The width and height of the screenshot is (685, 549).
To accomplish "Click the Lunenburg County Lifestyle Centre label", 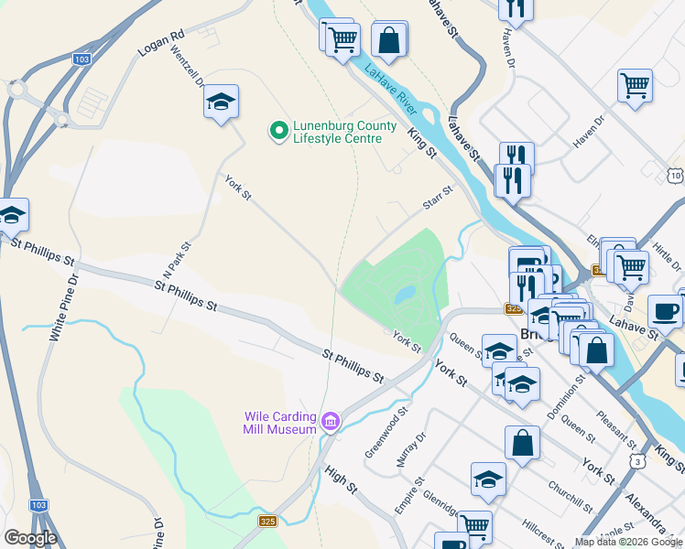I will click(344, 133).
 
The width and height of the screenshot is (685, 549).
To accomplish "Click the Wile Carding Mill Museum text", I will click(280, 422).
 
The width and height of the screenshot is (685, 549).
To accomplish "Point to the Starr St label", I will click(438, 196).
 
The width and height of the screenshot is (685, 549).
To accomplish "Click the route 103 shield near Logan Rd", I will click(82, 59).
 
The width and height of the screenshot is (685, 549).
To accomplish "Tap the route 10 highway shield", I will click(675, 175).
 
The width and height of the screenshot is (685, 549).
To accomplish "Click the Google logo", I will click(29, 538).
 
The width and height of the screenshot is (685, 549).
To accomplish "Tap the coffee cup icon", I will click(665, 310).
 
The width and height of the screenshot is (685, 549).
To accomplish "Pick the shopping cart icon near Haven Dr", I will click(635, 86).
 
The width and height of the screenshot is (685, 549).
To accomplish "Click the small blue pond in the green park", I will click(403, 295).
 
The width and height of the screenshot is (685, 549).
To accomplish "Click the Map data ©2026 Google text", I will click(628, 542).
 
